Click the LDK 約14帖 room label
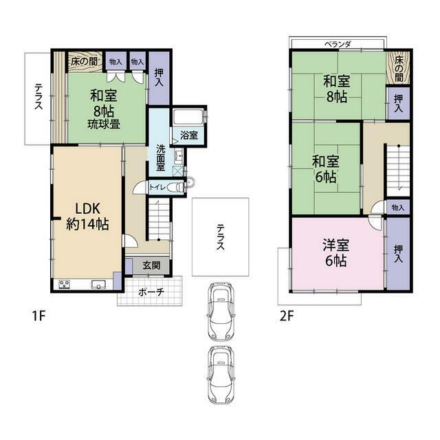pos(87,217)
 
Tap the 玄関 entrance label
pos(151,265)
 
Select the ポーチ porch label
pos(151,292)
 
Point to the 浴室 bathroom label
pos(189,135)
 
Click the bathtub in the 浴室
pos(188,117)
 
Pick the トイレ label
pos(157,186)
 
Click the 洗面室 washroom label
pos(161,157)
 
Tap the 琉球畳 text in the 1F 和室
pos(104,124)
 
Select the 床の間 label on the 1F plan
pos(84,61)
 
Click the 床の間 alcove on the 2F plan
pos(399,69)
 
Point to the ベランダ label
pos(338,44)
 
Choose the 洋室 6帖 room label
pos(336,253)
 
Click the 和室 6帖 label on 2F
pos(326,169)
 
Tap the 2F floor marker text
pos(287,316)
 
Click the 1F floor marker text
pos(38,316)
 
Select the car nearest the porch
pos(221,311)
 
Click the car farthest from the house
pos(221,375)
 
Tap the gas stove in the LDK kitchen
pos(65,284)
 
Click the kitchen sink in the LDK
pos(98,284)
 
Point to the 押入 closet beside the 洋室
pos(398,253)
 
